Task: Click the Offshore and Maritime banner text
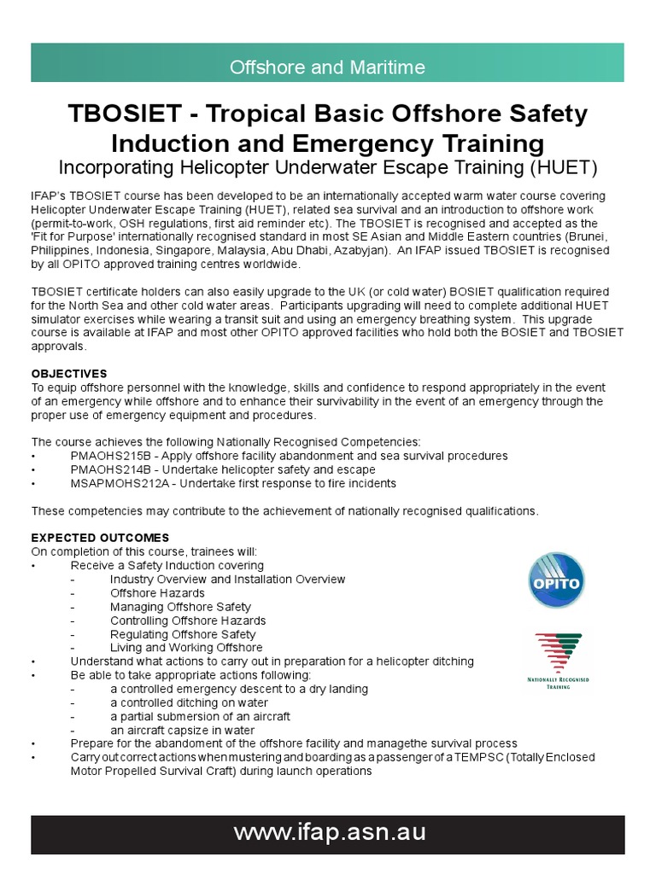click(x=328, y=67)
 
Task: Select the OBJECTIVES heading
click(x=69, y=374)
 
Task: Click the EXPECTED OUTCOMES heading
click(x=100, y=538)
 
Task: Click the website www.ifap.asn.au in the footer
click(x=328, y=833)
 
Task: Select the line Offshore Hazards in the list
click(x=157, y=593)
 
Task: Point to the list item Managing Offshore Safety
click(x=180, y=607)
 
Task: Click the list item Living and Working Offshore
click(x=186, y=648)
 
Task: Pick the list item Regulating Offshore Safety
click(x=183, y=634)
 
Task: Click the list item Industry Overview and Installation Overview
click(x=227, y=580)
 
